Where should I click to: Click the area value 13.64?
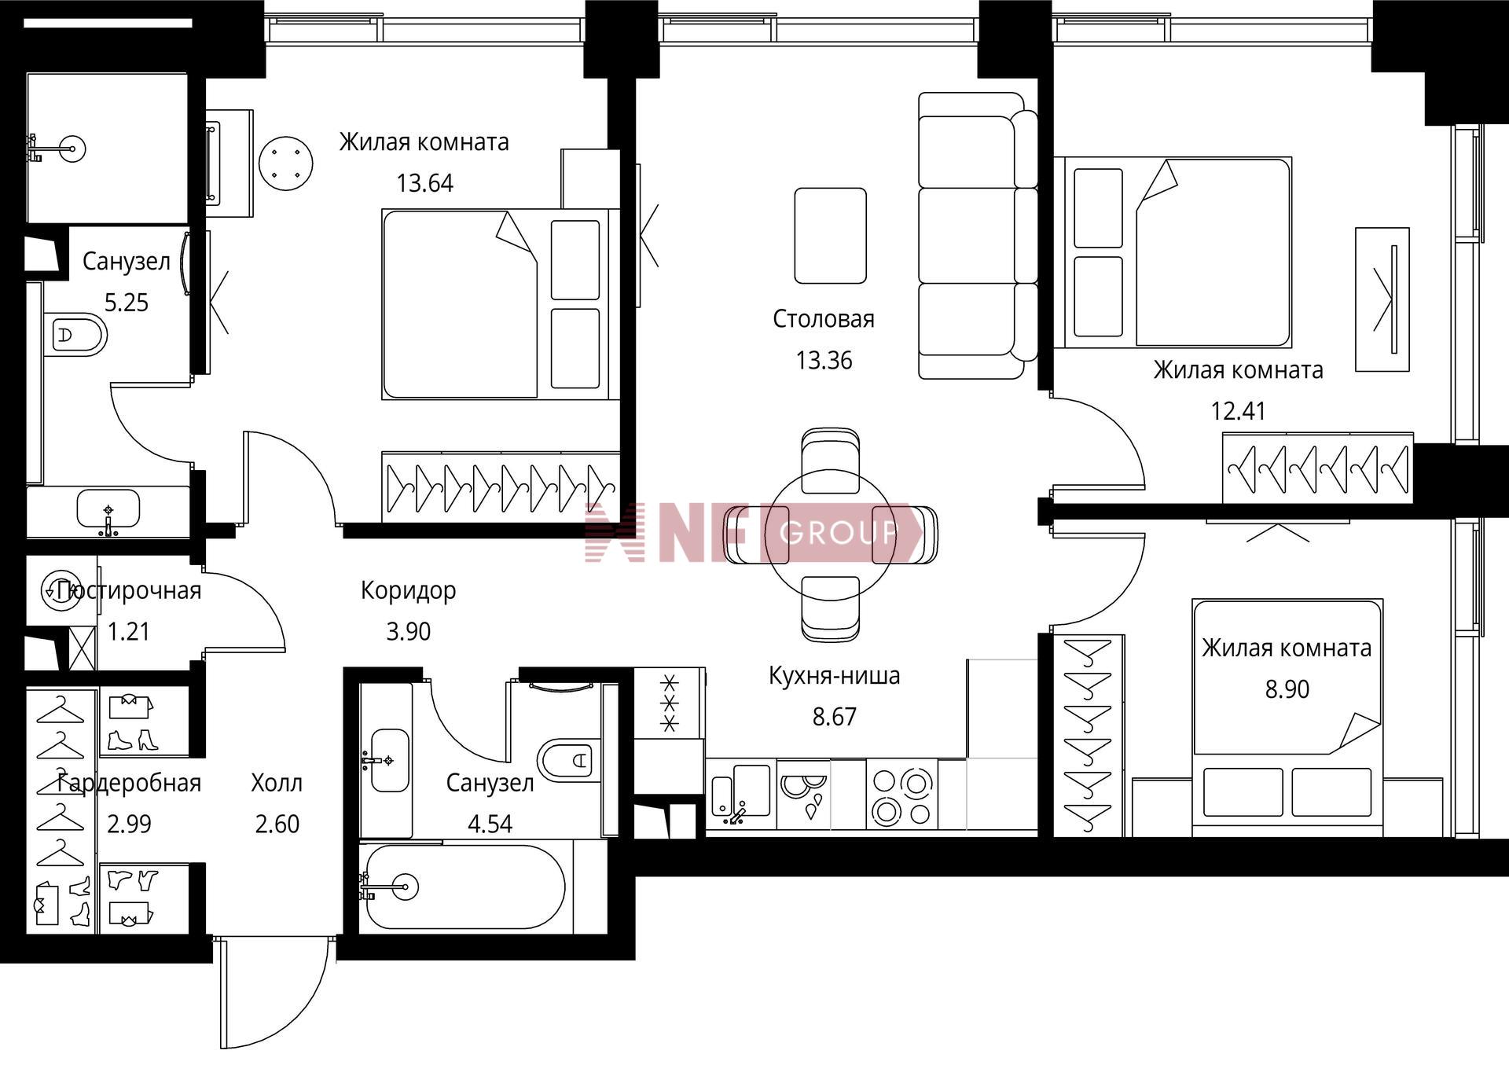pos(424,183)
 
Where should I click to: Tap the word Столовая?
pos(823,319)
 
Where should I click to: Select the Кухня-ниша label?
pos(834,676)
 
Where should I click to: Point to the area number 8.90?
pos(1287,689)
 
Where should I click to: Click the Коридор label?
pos(408,591)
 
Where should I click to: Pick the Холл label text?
pos(277,783)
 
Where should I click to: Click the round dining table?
pos(830,534)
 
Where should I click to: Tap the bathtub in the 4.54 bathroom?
pos(464,887)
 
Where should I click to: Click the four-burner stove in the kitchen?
pos(902,795)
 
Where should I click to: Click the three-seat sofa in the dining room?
pos(978,236)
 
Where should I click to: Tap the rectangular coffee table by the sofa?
pos(830,236)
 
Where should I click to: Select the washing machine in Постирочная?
pos(61,591)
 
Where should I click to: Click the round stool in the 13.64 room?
pos(286,163)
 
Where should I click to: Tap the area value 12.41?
pos(1238,411)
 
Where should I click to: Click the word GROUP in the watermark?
pos(838,534)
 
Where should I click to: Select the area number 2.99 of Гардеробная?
pos(129,824)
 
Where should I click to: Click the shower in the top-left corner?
pos(107,149)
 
